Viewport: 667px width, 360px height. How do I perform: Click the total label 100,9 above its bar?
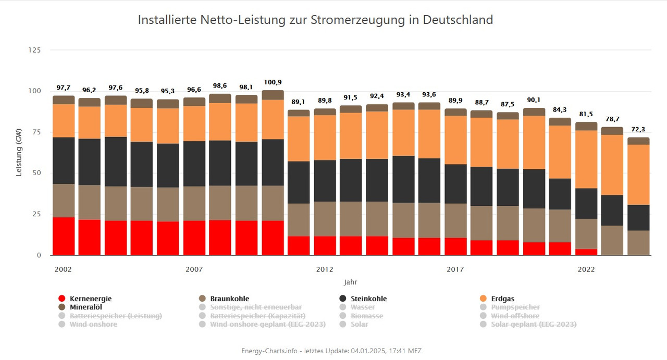[274, 82]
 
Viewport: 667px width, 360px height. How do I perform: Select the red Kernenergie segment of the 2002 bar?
[64, 236]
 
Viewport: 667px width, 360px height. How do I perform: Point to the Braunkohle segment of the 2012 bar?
[299, 219]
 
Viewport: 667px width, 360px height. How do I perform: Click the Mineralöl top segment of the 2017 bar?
[456, 112]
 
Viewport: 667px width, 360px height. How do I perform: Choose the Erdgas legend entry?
[502, 299]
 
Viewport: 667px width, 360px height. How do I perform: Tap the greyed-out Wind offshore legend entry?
[515, 316]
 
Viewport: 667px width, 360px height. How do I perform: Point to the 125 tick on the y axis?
[34, 50]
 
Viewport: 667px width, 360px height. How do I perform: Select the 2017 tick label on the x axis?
[455, 269]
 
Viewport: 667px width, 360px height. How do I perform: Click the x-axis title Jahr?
[350, 282]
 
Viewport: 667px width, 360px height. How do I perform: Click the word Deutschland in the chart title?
[458, 20]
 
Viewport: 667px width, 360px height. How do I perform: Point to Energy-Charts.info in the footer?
[269, 351]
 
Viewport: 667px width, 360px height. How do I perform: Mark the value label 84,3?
[560, 109]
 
